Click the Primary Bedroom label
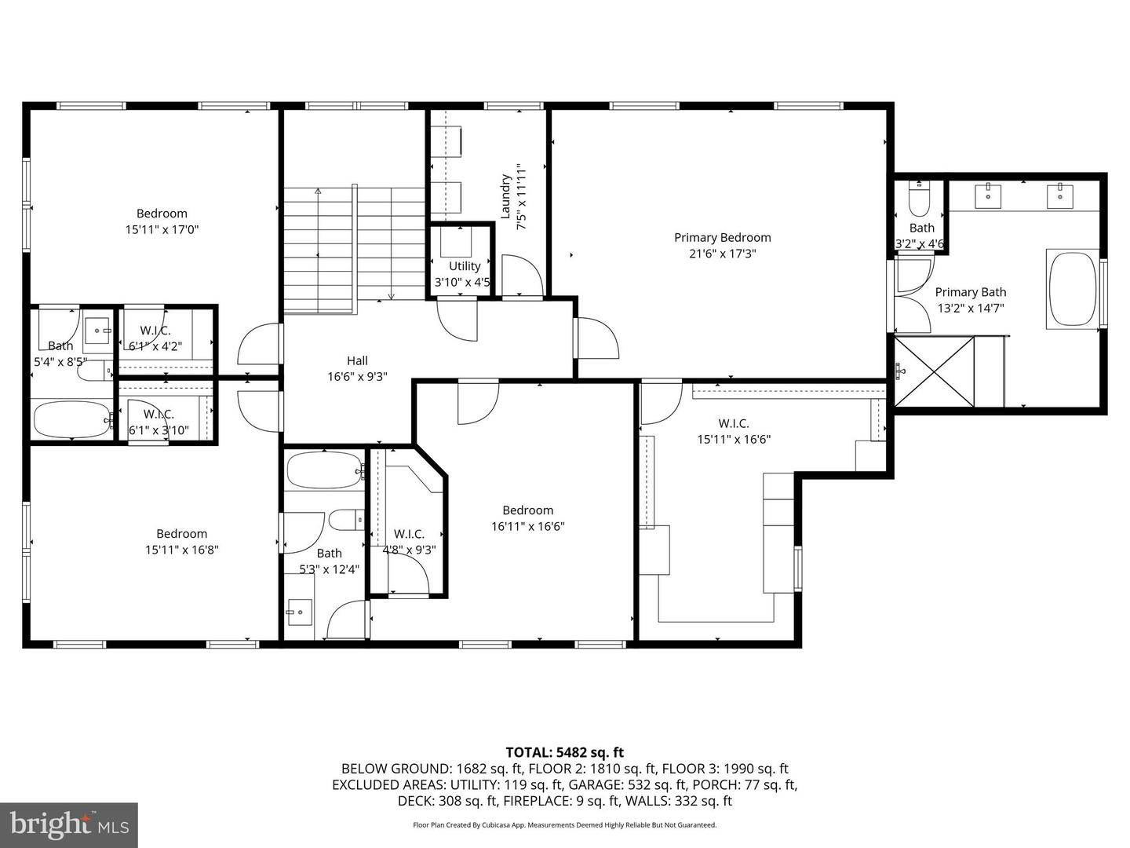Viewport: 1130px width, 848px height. coord(722,237)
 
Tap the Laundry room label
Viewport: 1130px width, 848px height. coord(506,196)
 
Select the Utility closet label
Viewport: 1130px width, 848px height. coord(465,266)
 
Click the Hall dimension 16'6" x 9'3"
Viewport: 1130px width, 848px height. coord(357,377)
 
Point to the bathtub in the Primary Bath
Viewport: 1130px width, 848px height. coord(1073,288)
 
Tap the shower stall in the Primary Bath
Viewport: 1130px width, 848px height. coord(934,371)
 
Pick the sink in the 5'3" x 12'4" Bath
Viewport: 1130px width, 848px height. coord(299,612)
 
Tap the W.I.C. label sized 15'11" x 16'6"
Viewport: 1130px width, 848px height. coord(734,423)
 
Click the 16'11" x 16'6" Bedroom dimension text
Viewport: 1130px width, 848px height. coord(528,527)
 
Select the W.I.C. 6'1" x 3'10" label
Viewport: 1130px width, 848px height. coord(159,414)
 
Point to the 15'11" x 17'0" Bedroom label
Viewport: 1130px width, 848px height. coord(162,213)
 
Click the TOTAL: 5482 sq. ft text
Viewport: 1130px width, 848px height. coord(564,752)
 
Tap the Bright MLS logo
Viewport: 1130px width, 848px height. coord(68,824)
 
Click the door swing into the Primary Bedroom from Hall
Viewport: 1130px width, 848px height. coord(596,338)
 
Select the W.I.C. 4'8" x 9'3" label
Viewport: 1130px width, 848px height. coord(409,534)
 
